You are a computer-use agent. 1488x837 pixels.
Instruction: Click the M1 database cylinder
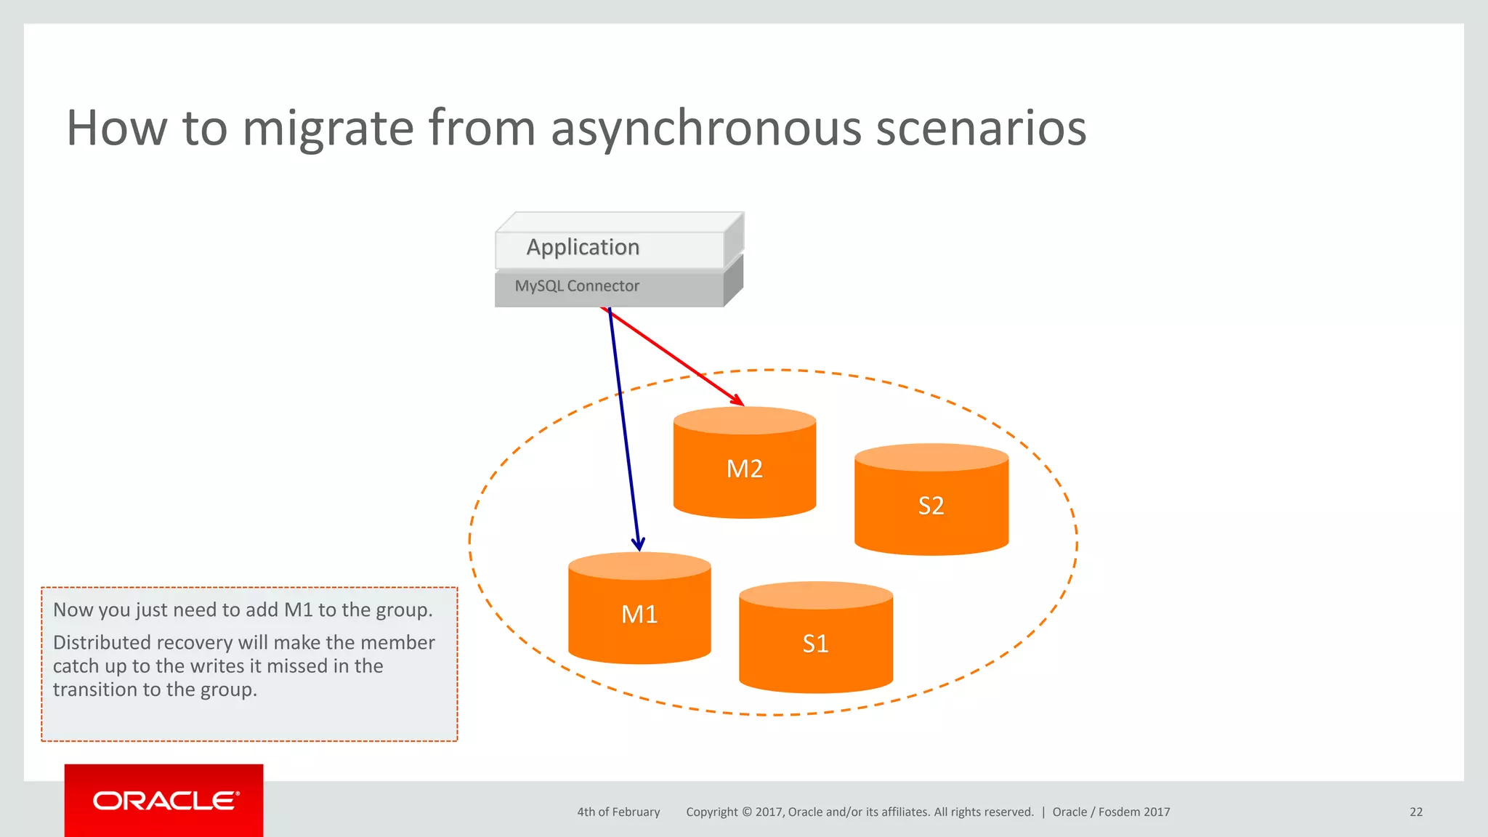click(639, 614)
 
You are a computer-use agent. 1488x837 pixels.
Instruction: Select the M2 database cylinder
click(745, 469)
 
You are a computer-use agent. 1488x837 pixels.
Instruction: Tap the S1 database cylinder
click(815, 643)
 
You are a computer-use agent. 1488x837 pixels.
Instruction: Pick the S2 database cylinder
click(931, 505)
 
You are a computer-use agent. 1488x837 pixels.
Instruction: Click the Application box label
click(583, 247)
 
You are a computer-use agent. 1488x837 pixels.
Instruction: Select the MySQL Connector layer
click(577, 286)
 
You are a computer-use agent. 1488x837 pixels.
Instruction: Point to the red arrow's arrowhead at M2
click(739, 400)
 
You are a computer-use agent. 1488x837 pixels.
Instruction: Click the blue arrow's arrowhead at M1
click(638, 544)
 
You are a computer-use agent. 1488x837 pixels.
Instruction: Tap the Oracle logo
click(164, 801)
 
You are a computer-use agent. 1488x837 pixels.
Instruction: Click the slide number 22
click(1416, 812)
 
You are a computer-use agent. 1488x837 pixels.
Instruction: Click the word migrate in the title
click(328, 128)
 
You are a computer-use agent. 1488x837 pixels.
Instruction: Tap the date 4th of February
click(618, 812)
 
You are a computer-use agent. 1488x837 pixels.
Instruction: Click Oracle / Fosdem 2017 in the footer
click(1111, 812)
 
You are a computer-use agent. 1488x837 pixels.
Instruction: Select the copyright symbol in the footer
click(746, 812)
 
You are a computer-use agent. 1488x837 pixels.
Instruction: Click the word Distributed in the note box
click(102, 642)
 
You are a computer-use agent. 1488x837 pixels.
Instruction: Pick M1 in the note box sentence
click(298, 610)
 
